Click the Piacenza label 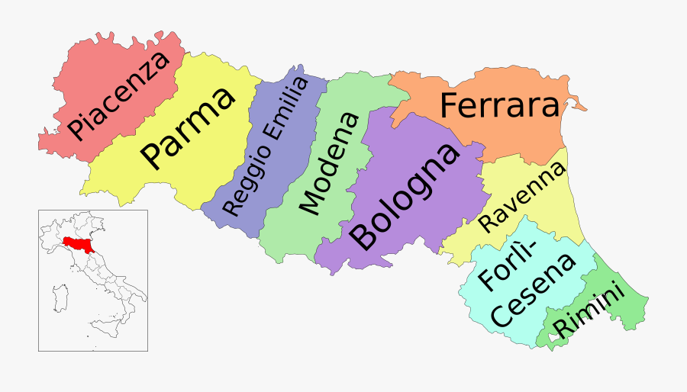click(118, 96)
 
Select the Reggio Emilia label click(266, 146)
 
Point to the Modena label click(329, 163)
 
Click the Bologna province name click(405, 196)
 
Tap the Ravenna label click(522, 198)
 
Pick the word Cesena click(532, 292)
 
